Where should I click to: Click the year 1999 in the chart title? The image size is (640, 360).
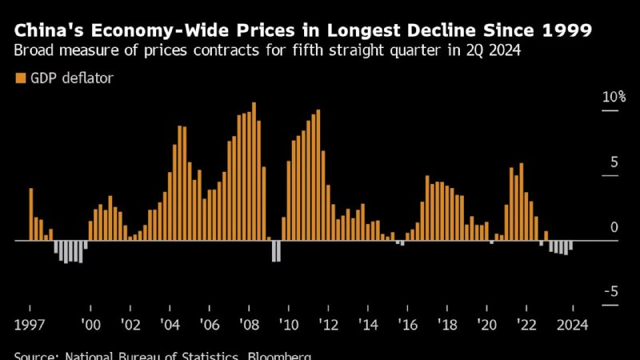coord(564,31)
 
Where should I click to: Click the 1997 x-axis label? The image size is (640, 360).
coord(30,325)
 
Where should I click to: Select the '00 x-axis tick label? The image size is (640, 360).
coord(90,325)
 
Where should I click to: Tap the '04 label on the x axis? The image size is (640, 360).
coord(170,325)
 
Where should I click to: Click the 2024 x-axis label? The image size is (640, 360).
coord(571,325)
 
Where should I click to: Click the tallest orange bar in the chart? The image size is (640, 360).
coord(254,171)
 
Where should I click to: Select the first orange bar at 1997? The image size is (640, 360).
coord(31,214)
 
